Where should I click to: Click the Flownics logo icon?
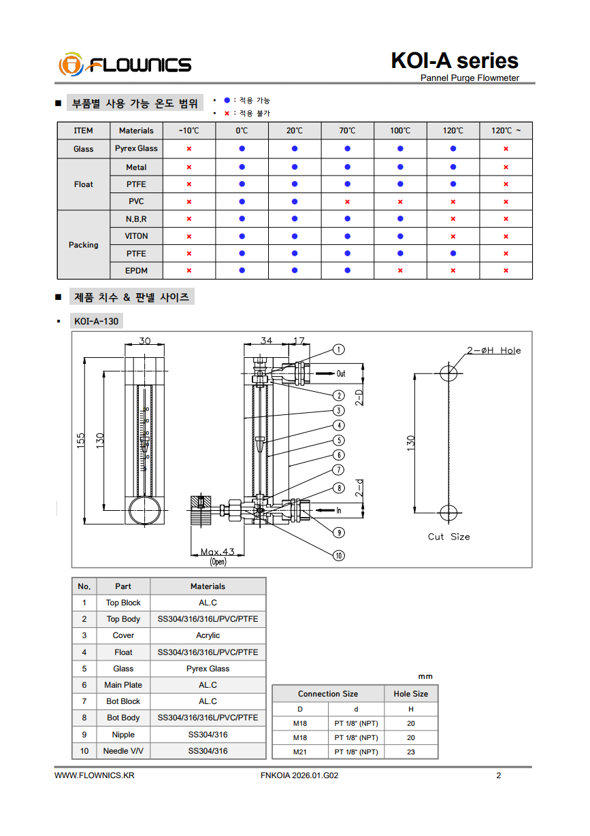[x=70, y=65]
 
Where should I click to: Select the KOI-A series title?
[x=454, y=61]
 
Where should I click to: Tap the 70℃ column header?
[x=347, y=131]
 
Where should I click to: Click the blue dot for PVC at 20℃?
[x=295, y=201]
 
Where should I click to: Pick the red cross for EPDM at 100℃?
[x=400, y=271]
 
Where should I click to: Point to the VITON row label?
[x=136, y=236]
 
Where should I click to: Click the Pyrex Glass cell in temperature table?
[x=136, y=148]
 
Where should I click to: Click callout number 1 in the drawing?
[x=338, y=350]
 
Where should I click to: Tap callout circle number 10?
[x=339, y=556]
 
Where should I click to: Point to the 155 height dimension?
[x=81, y=441]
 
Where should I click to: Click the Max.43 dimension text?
[x=217, y=552]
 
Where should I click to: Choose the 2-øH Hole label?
[x=493, y=350]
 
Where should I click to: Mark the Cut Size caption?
[x=448, y=537]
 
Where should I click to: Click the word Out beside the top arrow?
[x=341, y=373]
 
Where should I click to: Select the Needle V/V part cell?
[x=123, y=751]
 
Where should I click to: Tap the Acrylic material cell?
[x=208, y=635]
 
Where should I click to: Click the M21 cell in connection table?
[x=300, y=752]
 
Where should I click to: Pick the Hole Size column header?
[x=411, y=694]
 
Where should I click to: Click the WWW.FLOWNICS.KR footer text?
[x=95, y=775]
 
